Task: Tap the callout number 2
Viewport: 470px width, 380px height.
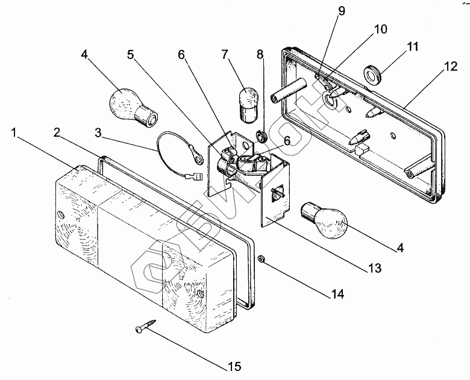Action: tap(57, 132)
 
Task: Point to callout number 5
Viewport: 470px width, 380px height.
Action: tap(130, 55)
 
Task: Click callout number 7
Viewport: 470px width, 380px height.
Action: tap(225, 55)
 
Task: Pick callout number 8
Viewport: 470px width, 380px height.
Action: tap(260, 55)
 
